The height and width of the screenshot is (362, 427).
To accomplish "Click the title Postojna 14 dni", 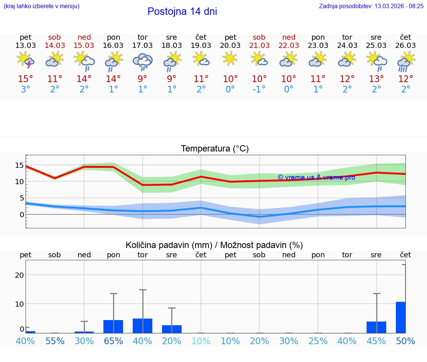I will click(x=182, y=12).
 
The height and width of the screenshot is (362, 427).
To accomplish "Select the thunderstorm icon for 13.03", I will click(x=26, y=60).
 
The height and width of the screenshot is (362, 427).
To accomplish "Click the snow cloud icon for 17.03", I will click(x=143, y=61).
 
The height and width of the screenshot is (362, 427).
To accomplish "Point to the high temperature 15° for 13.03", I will click(x=26, y=79).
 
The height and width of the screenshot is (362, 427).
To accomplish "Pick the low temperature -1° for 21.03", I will click(x=259, y=89).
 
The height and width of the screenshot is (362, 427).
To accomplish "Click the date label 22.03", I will click(x=289, y=45).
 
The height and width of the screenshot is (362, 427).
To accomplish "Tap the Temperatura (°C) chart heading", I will click(x=215, y=149).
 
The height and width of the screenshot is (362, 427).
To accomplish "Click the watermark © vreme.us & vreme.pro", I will click(x=316, y=177).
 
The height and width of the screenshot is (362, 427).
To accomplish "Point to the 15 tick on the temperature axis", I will click(x=19, y=166).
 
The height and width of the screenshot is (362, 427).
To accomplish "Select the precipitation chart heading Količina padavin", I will click(x=214, y=245).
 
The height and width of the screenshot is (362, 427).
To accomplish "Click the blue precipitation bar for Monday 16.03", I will click(x=113, y=326).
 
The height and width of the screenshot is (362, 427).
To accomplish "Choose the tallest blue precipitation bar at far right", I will click(x=401, y=317).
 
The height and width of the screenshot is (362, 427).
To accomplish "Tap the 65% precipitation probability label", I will click(x=113, y=341).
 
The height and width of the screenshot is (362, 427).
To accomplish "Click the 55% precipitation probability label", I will click(x=55, y=341).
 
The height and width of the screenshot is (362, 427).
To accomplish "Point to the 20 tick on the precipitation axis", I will click(x=19, y=275).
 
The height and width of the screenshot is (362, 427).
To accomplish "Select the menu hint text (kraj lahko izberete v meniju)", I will click(x=42, y=6).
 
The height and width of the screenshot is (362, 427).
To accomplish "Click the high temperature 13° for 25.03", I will click(x=376, y=79).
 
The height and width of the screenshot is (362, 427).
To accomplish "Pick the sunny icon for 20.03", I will click(x=230, y=58).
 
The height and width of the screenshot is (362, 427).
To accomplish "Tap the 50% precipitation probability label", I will click(x=406, y=341).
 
